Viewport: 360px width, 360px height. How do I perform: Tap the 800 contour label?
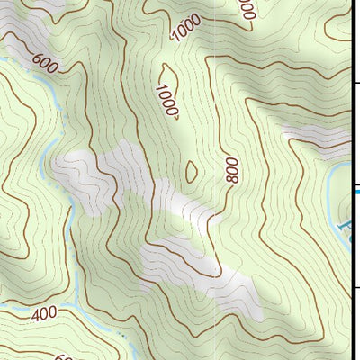[232, 168]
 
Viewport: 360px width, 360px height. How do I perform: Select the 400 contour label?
[44, 315]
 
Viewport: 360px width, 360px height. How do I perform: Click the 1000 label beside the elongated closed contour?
[167, 102]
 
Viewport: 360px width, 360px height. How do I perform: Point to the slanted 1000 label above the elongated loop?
[187, 30]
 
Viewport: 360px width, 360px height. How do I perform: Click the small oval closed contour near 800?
[191, 170]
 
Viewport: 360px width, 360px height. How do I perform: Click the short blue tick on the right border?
[357, 190]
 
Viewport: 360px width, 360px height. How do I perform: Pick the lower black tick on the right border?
[356, 288]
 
